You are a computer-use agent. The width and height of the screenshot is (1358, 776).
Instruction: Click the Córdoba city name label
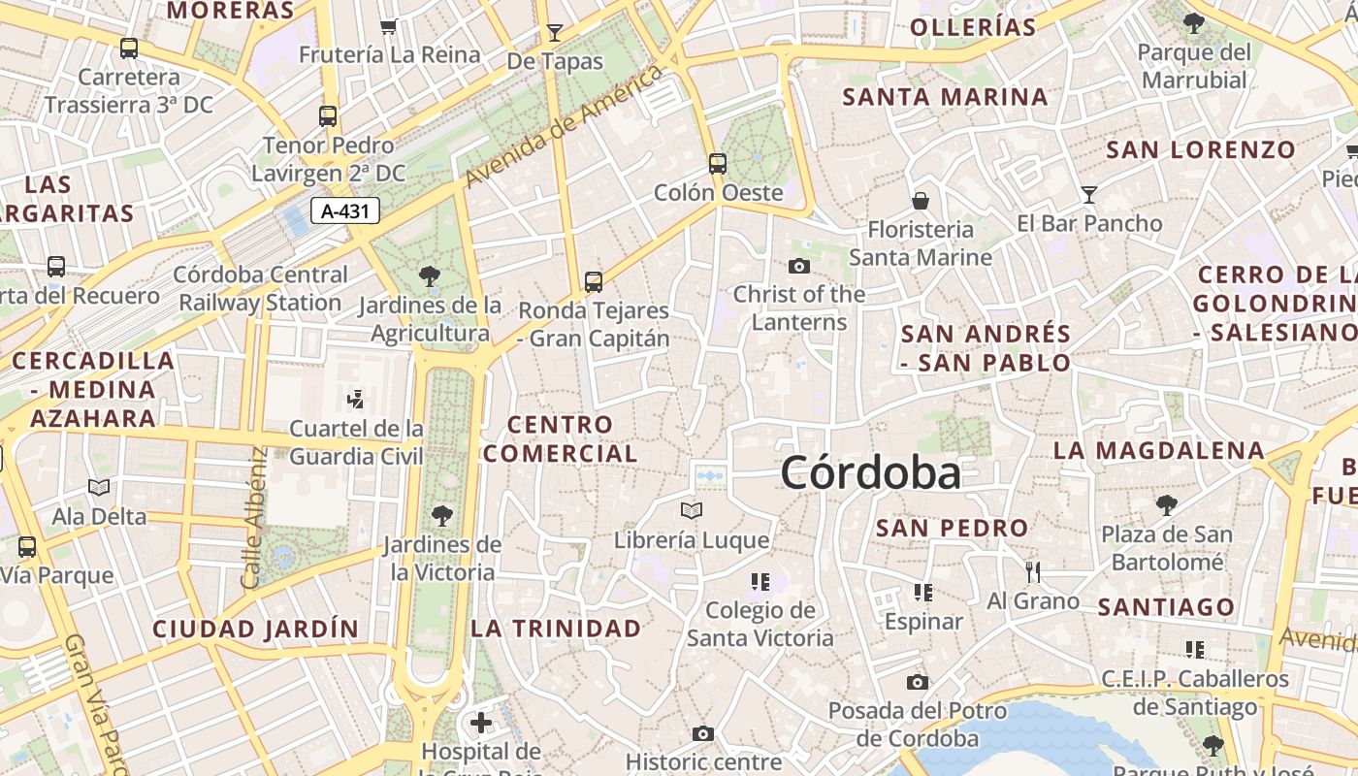point(870,473)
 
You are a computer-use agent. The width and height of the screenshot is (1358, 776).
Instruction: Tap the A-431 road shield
point(345,210)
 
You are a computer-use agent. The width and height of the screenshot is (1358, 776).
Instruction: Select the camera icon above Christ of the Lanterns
point(799,266)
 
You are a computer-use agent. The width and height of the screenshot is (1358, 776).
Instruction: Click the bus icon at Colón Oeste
point(718,164)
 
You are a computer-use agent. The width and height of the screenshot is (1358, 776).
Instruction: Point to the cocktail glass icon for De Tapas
point(555,32)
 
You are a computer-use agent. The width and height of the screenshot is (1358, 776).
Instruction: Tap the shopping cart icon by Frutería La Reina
point(389,26)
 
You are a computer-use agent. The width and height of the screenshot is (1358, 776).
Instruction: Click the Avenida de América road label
point(564,126)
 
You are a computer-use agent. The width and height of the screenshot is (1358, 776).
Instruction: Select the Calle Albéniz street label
point(254,518)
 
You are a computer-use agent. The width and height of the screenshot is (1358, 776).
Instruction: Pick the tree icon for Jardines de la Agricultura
point(430,276)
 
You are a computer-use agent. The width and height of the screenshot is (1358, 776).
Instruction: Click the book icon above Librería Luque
point(692,510)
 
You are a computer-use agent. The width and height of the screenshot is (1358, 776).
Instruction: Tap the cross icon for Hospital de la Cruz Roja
point(481,723)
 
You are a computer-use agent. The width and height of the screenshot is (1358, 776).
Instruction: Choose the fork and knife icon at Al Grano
point(1033,572)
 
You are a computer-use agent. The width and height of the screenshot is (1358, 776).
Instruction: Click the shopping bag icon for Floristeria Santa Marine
point(920,201)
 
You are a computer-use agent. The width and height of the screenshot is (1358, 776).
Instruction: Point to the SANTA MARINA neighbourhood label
point(945,97)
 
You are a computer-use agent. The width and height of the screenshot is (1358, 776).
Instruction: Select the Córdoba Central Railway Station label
point(260,289)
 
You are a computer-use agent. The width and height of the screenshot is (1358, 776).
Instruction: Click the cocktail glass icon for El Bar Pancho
point(1089,195)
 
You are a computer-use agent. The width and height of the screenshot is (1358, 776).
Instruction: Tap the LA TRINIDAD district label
point(556,629)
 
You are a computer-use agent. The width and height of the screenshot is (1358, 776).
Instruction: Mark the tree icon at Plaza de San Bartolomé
point(1167,505)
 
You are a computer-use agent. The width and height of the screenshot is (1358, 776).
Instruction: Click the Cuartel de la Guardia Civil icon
point(356,399)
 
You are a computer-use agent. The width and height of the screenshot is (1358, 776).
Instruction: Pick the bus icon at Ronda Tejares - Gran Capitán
point(594,282)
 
